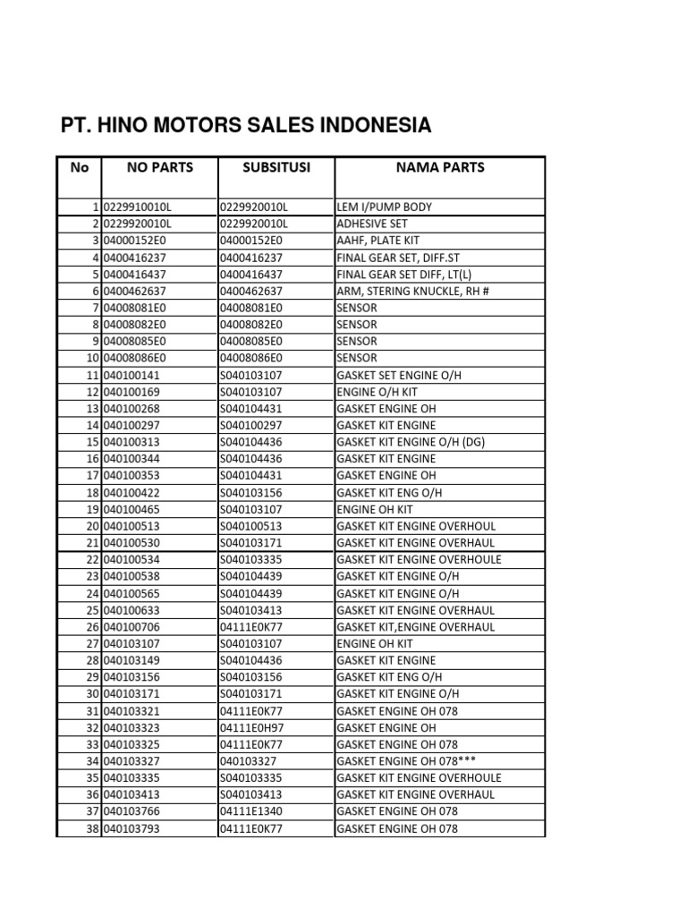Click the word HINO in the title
pos(136,125)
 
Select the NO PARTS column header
pos(160,167)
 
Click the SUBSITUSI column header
pos(276,167)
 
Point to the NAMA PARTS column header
pos(440,167)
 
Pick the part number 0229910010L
pos(137,208)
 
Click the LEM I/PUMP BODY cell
pos(384,208)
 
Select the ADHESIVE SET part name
pos(371,224)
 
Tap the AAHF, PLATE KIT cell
pos(377,241)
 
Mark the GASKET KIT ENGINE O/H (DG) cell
pos(411,442)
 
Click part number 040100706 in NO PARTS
pos(131,627)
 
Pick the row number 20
pos(92,526)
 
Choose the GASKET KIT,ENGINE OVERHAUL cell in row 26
pos(415,627)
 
